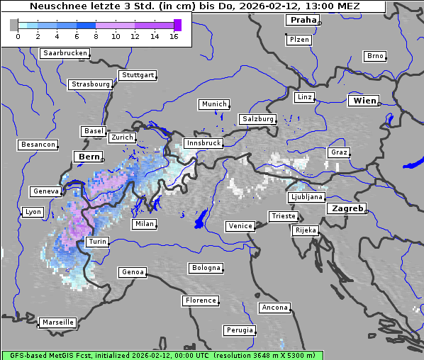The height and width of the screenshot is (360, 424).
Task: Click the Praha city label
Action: (x=302, y=20)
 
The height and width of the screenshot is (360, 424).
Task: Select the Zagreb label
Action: (x=345, y=208)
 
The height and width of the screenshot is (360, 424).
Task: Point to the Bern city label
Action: (x=89, y=156)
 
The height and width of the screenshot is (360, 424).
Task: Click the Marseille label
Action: (x=57, y=322)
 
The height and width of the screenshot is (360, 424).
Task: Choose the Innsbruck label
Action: (x=203, y=143)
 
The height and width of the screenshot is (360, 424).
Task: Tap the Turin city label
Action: (x=97, y=242)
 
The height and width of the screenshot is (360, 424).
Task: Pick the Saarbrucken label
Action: (x=65, y=53)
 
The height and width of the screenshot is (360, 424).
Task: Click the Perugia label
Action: (x=239, y=330)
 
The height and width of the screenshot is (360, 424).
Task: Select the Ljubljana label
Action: (x=306, y=197)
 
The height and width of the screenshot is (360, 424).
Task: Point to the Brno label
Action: (x=374, y=56)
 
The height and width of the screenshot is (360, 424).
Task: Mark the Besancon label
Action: (x=38, y=145)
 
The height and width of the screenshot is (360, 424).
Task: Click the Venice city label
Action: (x=240, y=226)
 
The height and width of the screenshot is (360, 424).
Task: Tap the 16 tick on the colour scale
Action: (x=174, y=35)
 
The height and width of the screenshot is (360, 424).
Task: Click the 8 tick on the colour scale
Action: (x=96, y=35)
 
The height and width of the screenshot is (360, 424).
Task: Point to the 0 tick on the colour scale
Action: (x=17, y=35)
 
